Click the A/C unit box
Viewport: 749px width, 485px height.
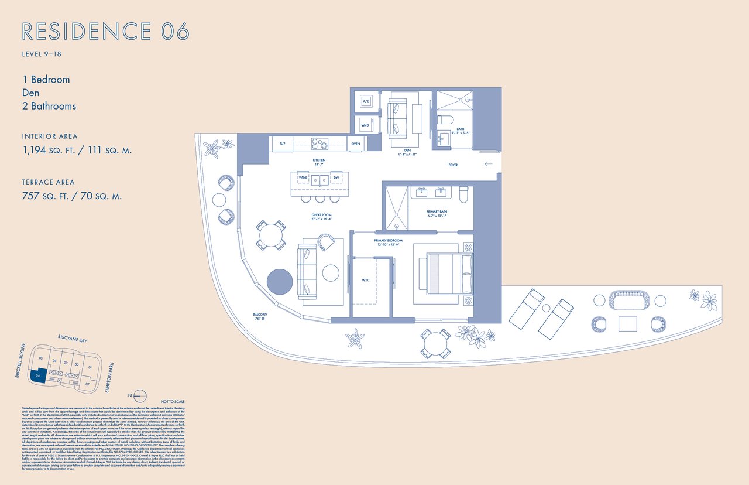coord(366,101)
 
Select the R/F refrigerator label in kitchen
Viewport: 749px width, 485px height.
coord(282,144)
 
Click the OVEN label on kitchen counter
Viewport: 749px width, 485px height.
coord(355,144)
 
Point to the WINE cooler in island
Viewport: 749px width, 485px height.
coord(303,177)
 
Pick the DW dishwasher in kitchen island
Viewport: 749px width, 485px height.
coord(336,177)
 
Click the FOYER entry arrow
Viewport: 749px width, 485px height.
coord(488,164)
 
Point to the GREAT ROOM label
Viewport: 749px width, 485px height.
coord(321,216)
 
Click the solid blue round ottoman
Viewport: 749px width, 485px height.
coord(280,281)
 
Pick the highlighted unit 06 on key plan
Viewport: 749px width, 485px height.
coord(39,375)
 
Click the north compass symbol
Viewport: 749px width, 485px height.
coord(139,394)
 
